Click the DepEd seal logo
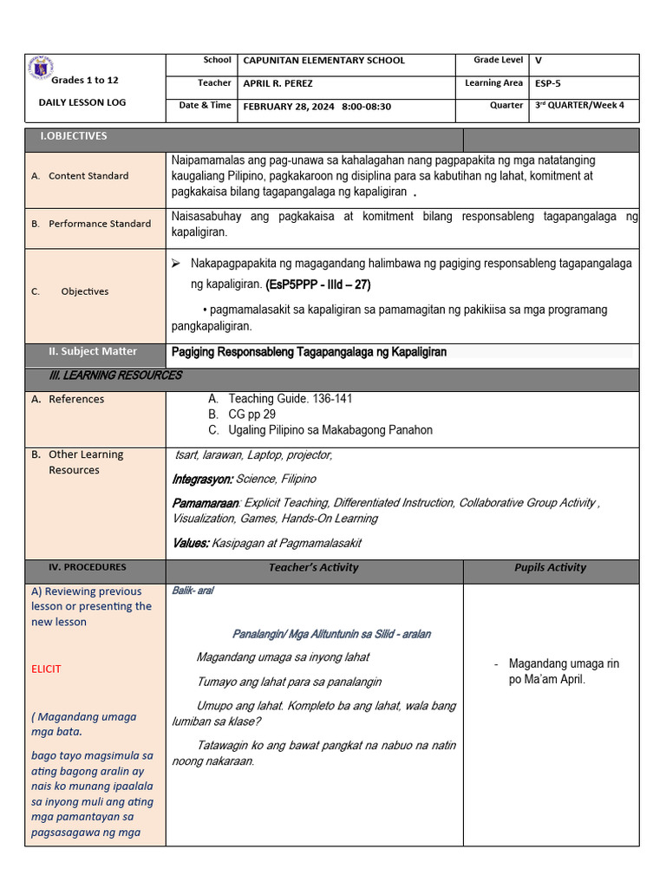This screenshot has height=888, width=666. pyautogui.click(x=40, y=68)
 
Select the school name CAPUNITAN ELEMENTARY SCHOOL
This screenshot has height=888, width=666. pyautogui.click(x=323, y=61)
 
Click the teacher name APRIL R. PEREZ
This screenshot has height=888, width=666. pyautogui.click(x=277, y=84)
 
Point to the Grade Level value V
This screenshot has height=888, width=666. pyautogui.click(x=539, y=61)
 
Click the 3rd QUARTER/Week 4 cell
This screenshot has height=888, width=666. pyautogui.click(x=578, y=106)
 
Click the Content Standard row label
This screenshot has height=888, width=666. pyautogui.click(x=88, y=176)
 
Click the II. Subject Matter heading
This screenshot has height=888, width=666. pyautogui.click(x=93, y=351)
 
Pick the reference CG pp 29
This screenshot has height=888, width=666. pyautogui.click(x=251, y=415)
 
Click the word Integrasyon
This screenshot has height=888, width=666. pyautogui.click(x=202, y=479)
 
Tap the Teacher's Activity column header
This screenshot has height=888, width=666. pyautogui.click(x=314, y=568)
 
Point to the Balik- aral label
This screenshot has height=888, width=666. pyautogui.click(x=193, y=591)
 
